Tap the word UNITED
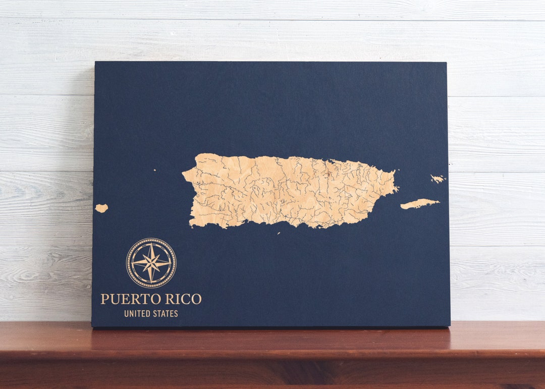136,314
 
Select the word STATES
165,314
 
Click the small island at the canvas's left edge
101,208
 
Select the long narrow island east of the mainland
419,204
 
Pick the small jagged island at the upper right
437,179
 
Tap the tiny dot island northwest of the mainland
154,170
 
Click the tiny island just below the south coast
279,233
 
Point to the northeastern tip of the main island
393,172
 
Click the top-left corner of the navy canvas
95,63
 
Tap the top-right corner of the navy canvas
446,63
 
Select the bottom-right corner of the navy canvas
450,325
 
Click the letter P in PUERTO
104,299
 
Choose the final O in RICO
196,299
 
